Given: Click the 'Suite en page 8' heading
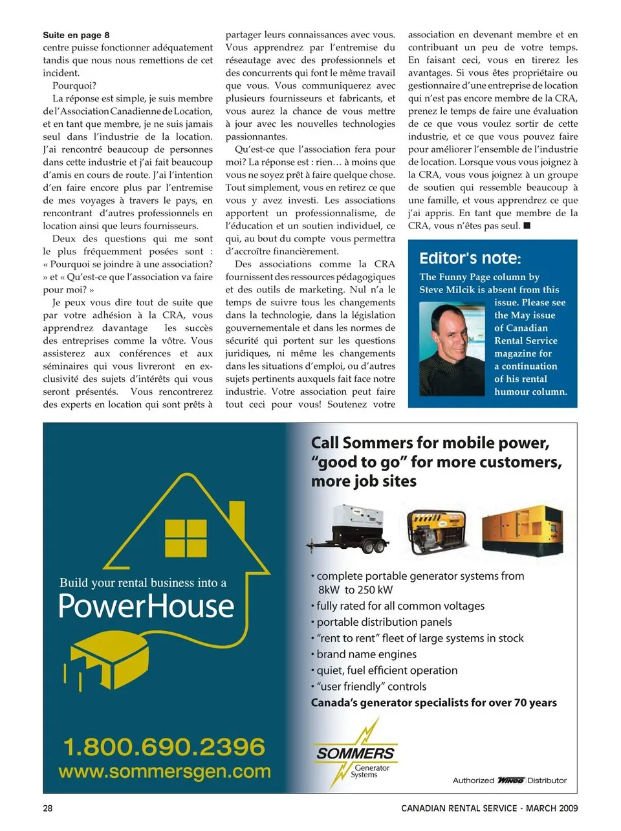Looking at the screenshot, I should [76, 35].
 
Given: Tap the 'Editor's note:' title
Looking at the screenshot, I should [470, 258].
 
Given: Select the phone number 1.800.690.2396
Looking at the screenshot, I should [164, 747].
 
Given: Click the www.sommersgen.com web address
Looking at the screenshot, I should [164, 771].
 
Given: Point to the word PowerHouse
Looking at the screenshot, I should [146, 606].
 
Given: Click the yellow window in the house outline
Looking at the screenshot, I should [186, 538].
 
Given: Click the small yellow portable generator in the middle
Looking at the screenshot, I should [437, 531].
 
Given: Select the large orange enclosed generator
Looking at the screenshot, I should [523, 527].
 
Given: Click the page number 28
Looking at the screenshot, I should [48, 808].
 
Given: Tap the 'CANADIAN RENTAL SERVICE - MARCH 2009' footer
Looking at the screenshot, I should [489, 808].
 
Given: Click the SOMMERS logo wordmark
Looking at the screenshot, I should [355, 753].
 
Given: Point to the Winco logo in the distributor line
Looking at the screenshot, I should [510, 781].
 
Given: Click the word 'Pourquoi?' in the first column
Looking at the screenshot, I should [74, 85].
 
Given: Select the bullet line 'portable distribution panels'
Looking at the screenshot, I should [384, 622].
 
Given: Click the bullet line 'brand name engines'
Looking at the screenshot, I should [366, 654].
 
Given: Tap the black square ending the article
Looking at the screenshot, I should [527, 226].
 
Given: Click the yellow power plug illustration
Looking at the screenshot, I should [110, 660].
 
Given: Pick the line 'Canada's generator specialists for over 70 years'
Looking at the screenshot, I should [433, 703].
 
